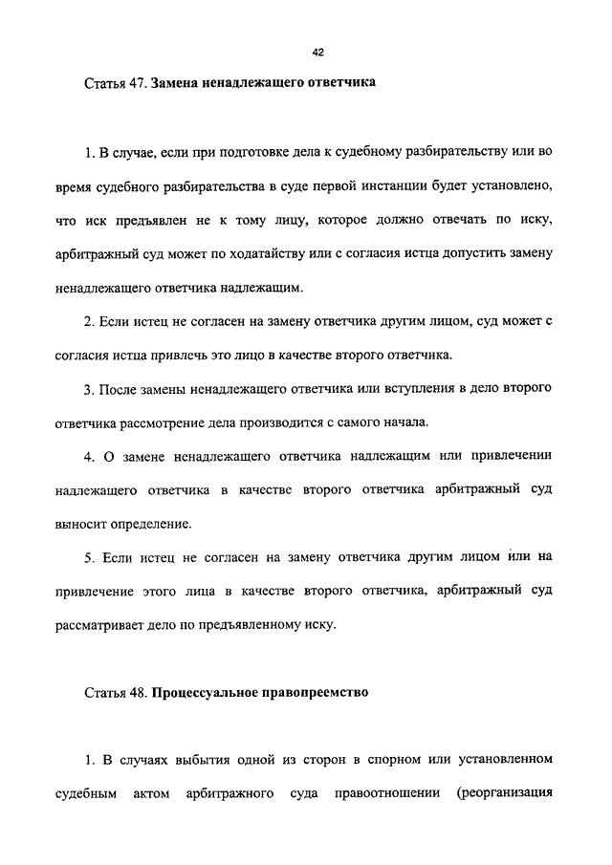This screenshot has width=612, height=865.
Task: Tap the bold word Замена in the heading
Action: point(178,83)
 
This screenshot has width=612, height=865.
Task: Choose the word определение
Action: point(151,524)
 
